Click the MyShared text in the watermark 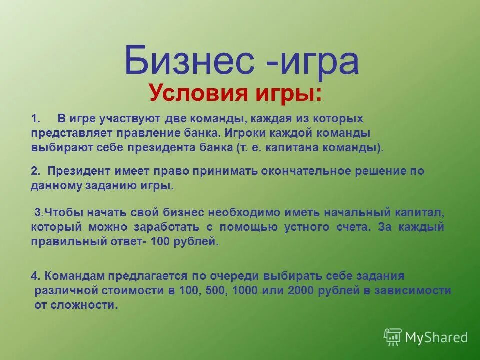pos(436,337)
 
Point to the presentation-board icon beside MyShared pos(393,337)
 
